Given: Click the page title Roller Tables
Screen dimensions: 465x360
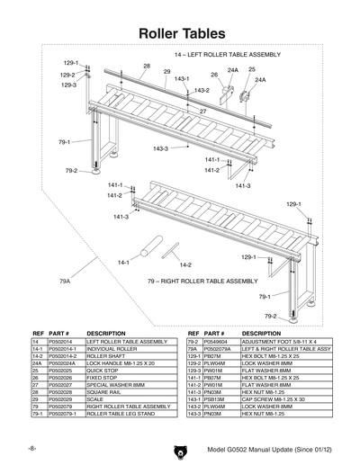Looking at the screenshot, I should pyautogui.click(x=180, y=32).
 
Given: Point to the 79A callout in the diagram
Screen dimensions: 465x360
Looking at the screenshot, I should pyautogui.click(x=65, y=282).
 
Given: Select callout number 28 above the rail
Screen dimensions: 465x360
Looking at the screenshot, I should pyautogui.click(x=147, y=67).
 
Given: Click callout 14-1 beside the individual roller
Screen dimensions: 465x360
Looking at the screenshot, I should pyautogui.click(x=124, y=262).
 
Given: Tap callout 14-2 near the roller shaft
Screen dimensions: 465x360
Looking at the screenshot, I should pyautogui.click(x=184, y=265).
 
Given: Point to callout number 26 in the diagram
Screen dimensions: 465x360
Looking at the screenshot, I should pyautogui.click(x=214, y=76).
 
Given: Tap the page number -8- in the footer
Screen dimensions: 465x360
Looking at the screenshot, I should pyautogui.click(x=31, y=447).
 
